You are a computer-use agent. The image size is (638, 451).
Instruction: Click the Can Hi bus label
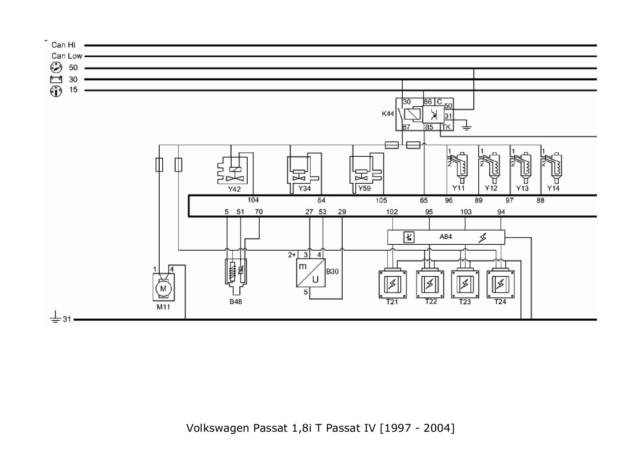click(x=64, y=45)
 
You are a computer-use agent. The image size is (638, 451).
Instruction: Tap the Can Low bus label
click(x=67, y=56)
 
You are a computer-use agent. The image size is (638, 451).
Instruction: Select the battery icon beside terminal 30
click(x=56, y=79)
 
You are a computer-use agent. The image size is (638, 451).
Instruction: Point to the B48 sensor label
click(x=236, y=302)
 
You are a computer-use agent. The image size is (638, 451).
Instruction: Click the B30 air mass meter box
click(x=311, y=273)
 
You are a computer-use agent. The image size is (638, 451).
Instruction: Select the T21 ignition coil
click(x=392, y=284)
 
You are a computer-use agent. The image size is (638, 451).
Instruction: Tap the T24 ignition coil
click(x=501, y=284)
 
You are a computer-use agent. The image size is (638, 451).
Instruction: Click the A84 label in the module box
click(x=446, y=237)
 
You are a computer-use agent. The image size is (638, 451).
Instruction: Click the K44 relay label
click(x=388, y=113)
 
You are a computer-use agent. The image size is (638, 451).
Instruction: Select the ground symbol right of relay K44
click(x=467, y=127)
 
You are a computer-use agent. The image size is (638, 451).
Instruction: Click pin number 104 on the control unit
click(x=253, y=200)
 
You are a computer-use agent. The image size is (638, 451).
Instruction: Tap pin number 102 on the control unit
click(x=392, y=212)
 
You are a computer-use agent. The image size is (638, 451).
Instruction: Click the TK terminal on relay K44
click(x=446, y=127)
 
